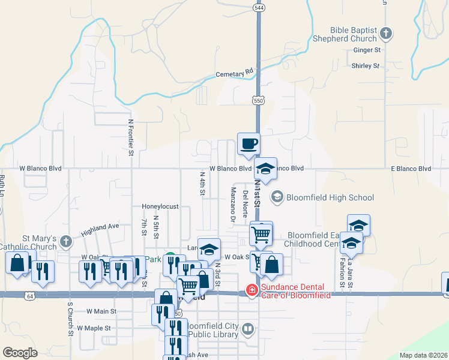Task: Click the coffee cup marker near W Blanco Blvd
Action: pyautogui.click(x=249, y=144)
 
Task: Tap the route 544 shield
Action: pyautogui.click(x=258, y=8)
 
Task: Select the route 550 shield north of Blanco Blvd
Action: pyautogui.click(x=258, y=101)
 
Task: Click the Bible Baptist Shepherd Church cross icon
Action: pyautogui.click(x=387, y=34)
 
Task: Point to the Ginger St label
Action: pyautogui.click(x=368, y=50)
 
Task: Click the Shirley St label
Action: pyautogui.click(x=366, y=65)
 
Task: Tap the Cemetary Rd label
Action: pyautogui.click(x=235, y=74)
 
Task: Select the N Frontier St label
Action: pyautogui.click(x=130, y=137)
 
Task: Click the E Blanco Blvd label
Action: pyautogui.click(x=411, y=169)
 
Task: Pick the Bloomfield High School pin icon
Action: pyautogui.click(x=277, y=197)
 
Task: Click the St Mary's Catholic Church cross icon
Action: pyautogui.click(x=66, y=242)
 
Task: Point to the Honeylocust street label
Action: pyautogui.click(x=160, y=206)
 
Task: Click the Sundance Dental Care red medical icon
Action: pyautogui.click(x=252, y=291)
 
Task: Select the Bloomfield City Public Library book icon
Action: pyautogui.click(x=249, y=329)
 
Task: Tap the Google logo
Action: pyautogui.click(x=20, y=352)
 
